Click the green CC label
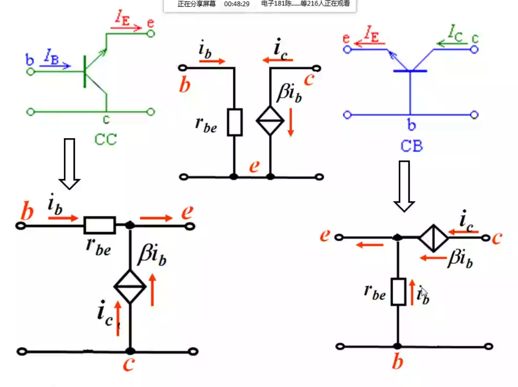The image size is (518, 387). pyautogui.click(x=105, y=139)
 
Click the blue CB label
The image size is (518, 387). pyautogui.click(x=411, y=146)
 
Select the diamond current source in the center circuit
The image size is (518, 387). pyautogui.click(x=270, y=120)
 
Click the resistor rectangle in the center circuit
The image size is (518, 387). pyautogui.click(x=235, y=122)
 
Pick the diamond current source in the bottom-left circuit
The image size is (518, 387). pyautogui.click(x=130, y=287)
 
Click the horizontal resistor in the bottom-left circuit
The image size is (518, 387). pyautogui.click(x=100, y=226)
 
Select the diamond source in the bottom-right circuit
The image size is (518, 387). pyautogui.click(x=433, y=238)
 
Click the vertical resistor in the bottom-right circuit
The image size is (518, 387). pyautogui.click(x=398, y=292)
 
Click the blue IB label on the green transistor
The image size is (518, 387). pyautogui.click(x=51, y=56)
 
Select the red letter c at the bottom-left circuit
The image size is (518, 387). pyautogui.click(x=129, y=364)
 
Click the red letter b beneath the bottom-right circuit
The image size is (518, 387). pyautogui.click(x=397, y=362)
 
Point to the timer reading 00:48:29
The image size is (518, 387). pyautogui.click(x=237, y=4)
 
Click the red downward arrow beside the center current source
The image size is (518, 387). pyautogui.click(x=291, y=123)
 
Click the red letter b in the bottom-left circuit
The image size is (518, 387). pyautogui.click(x=27, y=212)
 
